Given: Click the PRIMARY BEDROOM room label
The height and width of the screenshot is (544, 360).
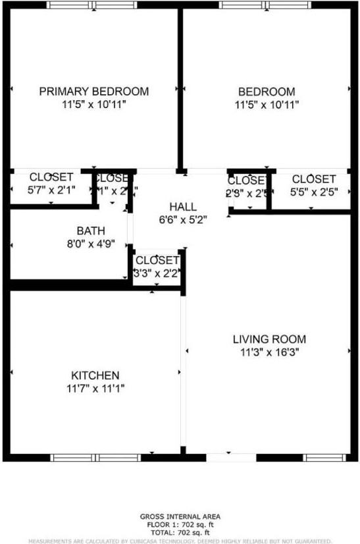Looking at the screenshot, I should click(93, 92).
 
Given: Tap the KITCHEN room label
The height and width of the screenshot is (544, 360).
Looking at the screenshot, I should click(95, 375).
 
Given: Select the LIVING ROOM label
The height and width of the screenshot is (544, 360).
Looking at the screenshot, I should click(269, 339).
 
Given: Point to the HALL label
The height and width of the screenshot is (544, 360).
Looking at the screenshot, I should click(182, 207).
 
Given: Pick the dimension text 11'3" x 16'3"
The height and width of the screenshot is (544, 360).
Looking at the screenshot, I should click(269, 352).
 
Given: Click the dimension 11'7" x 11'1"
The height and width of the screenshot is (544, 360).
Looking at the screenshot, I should click(95, 389).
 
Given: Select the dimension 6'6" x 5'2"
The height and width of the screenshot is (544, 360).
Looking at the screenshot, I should click(182, 220).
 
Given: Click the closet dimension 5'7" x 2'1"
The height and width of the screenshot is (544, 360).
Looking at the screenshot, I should click(51, 190).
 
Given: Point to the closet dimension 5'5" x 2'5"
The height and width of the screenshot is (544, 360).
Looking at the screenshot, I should click(314, 192).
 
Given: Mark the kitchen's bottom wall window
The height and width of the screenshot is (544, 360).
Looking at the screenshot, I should click(95, 457).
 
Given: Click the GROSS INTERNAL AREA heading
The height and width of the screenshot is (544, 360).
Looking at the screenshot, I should click(180, 516).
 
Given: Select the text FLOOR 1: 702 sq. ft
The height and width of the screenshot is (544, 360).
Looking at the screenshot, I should click(180, 524).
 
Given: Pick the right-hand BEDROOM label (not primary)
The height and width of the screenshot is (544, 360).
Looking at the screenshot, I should click(267, 92).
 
